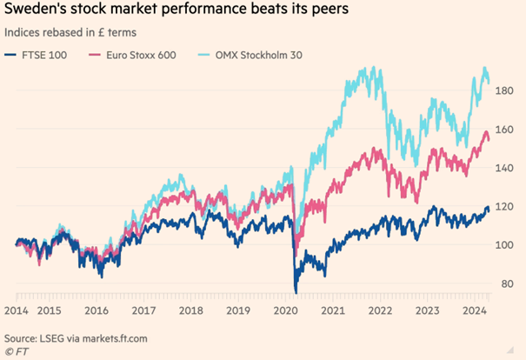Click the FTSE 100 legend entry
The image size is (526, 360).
pos(39,55)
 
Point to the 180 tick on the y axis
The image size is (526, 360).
pos(507,90)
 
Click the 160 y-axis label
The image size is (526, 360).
pos(507,129)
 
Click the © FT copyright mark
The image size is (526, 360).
pos(15,351)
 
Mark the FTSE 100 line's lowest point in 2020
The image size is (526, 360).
pos(296,292)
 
